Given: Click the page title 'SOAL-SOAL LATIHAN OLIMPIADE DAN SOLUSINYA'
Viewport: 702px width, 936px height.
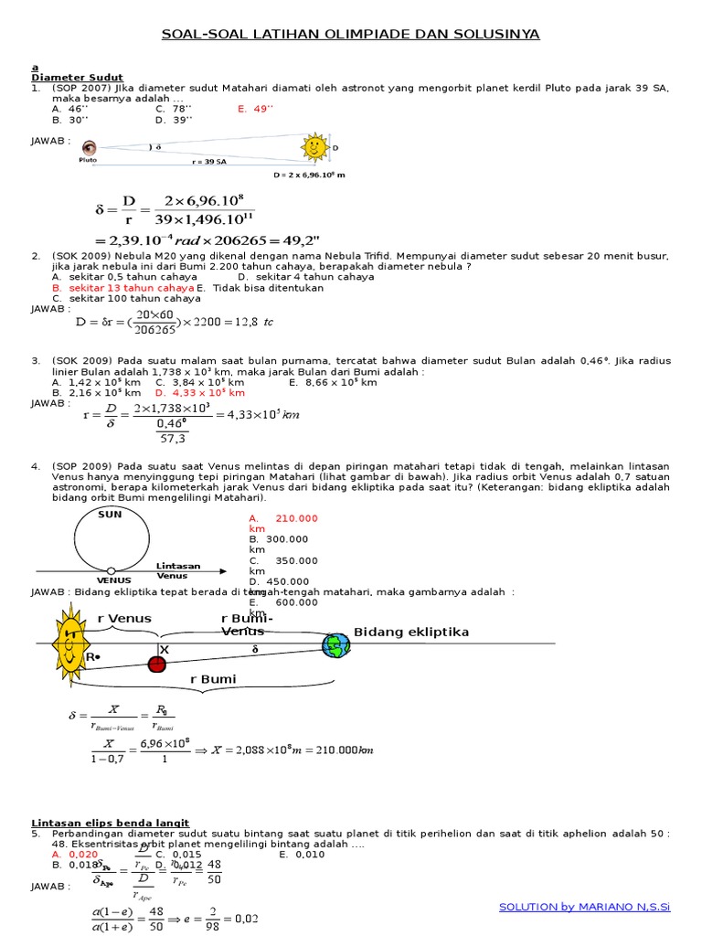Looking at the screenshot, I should click(x=350, y=35).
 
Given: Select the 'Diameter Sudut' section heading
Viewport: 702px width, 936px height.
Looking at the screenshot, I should click(x=77, y=78).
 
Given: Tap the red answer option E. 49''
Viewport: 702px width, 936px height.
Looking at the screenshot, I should click(x=256, y=108).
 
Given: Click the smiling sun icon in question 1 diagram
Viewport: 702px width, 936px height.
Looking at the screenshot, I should click(x=314, y=146).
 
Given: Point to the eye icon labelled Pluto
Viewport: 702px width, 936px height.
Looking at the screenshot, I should click(x=89, y=148).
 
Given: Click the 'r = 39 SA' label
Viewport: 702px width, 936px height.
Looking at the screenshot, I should click(x=208, y=161).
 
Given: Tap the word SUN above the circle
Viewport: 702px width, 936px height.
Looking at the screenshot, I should click(x=110, y=515).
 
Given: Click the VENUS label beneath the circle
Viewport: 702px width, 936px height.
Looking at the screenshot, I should click(x=114, y=580).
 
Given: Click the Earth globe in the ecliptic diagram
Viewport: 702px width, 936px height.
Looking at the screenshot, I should click(x=335, y=645).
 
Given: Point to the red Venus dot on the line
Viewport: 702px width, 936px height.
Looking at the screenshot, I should click(x=157, y=663).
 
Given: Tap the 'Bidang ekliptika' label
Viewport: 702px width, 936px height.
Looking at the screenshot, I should click(x=411, y=633).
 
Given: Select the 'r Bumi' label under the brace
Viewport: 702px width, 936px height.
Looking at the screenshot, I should click(x=213, y=679).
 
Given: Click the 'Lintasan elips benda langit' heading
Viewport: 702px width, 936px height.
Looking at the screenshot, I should click(x=110, y=823).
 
